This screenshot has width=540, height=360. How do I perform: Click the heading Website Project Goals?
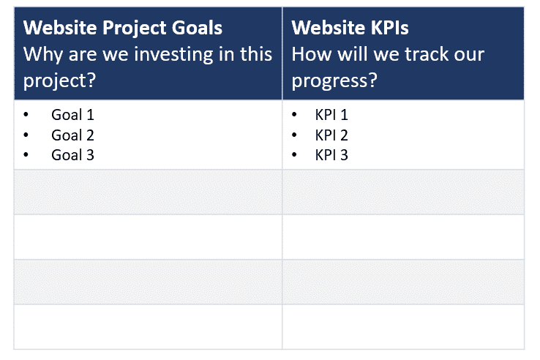[x=123, y=29]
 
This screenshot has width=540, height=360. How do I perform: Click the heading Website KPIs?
[x=350, y=29]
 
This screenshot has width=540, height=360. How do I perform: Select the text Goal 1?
[x=72, y=115]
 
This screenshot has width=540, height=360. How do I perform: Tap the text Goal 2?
[x=72, y=135]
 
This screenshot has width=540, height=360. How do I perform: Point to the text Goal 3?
[x=72, y=155]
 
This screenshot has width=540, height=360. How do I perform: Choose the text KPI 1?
[x=331, y=115]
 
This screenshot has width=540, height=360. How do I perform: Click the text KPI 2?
[x=331, y=135]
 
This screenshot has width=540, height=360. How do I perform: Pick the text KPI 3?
[x=331, y=155]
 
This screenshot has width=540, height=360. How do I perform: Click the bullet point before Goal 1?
[x=27, y=116]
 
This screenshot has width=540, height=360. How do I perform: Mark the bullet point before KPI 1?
[x=295, y=116]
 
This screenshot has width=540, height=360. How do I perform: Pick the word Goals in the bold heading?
[x=196, y=29]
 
